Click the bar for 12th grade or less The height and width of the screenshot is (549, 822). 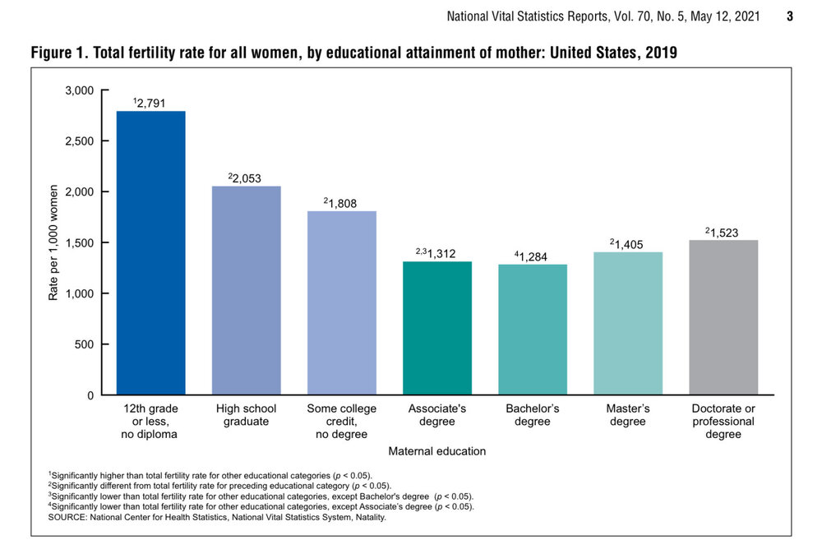click(x=150, y=252)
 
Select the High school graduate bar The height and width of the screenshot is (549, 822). click(x=246, y=290)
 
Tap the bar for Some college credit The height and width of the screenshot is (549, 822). click(x=341, y=302)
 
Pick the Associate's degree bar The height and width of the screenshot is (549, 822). click(x=436, y=328)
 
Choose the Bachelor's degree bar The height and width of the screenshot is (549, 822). click(x=532, y=329)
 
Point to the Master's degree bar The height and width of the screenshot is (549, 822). click(x=627, y=323)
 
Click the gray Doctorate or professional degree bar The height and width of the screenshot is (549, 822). click(x=723, y=317)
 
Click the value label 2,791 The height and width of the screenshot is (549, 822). click(x=152, y=103)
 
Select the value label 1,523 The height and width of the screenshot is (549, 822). click(x=723, y=233)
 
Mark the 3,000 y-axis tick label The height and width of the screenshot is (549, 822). click(x=80, y=90)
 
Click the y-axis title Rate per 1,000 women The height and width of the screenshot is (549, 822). click(x=53, y=243)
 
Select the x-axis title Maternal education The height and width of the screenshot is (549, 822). click(x=436, y=450)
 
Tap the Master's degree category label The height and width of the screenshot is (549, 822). click(x=627, y=415)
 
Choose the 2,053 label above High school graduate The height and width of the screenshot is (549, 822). click(x=247, y=178)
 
